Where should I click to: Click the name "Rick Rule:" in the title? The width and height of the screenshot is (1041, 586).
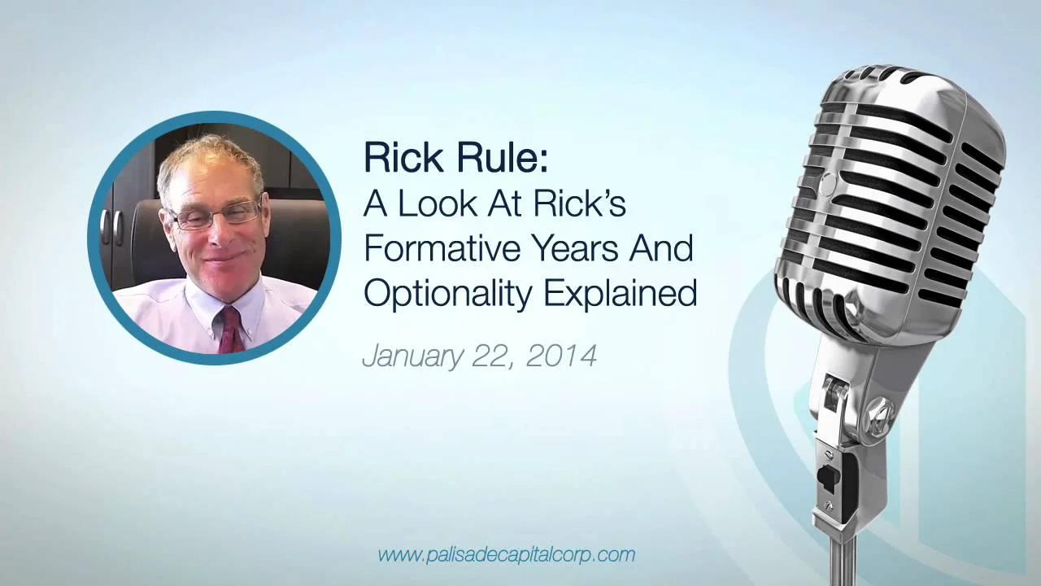[455, 158]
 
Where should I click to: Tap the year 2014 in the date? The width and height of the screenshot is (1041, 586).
[561, 356]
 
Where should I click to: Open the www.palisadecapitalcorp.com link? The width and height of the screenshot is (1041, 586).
[506, 555]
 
